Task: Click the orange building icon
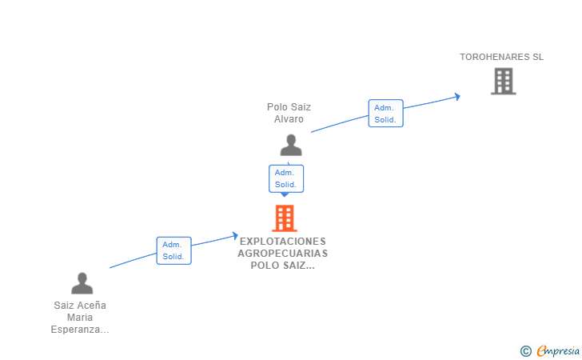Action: tap(285, 218)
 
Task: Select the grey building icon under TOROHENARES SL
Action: tap(504, 81)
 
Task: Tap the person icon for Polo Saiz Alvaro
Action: tap(291, 145)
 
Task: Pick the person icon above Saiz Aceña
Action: tap(82, 283)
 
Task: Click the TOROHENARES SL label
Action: tap(501, 57)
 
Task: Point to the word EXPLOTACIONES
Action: tap(282, 241)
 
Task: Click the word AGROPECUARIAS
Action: tap(282, 254)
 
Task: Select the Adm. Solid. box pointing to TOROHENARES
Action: tap(385, 114)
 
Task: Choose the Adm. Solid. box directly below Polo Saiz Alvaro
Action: tap(286, 178)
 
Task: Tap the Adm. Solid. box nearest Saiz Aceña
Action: tap(173, 250)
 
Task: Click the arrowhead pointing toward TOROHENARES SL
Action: tap(457, 97)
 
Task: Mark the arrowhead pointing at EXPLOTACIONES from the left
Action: tap(235, 235)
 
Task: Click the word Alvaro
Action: tap(289, 119)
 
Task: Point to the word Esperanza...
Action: tap(80, 330)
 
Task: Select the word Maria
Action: tap(80, 318)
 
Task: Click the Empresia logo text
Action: tap(558, 350)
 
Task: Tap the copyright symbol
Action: tap(526, 351)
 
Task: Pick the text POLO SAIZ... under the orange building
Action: tap(282, 266)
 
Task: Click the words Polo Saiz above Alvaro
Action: tap(289, 107)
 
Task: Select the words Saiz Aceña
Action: tap(80, 306)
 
